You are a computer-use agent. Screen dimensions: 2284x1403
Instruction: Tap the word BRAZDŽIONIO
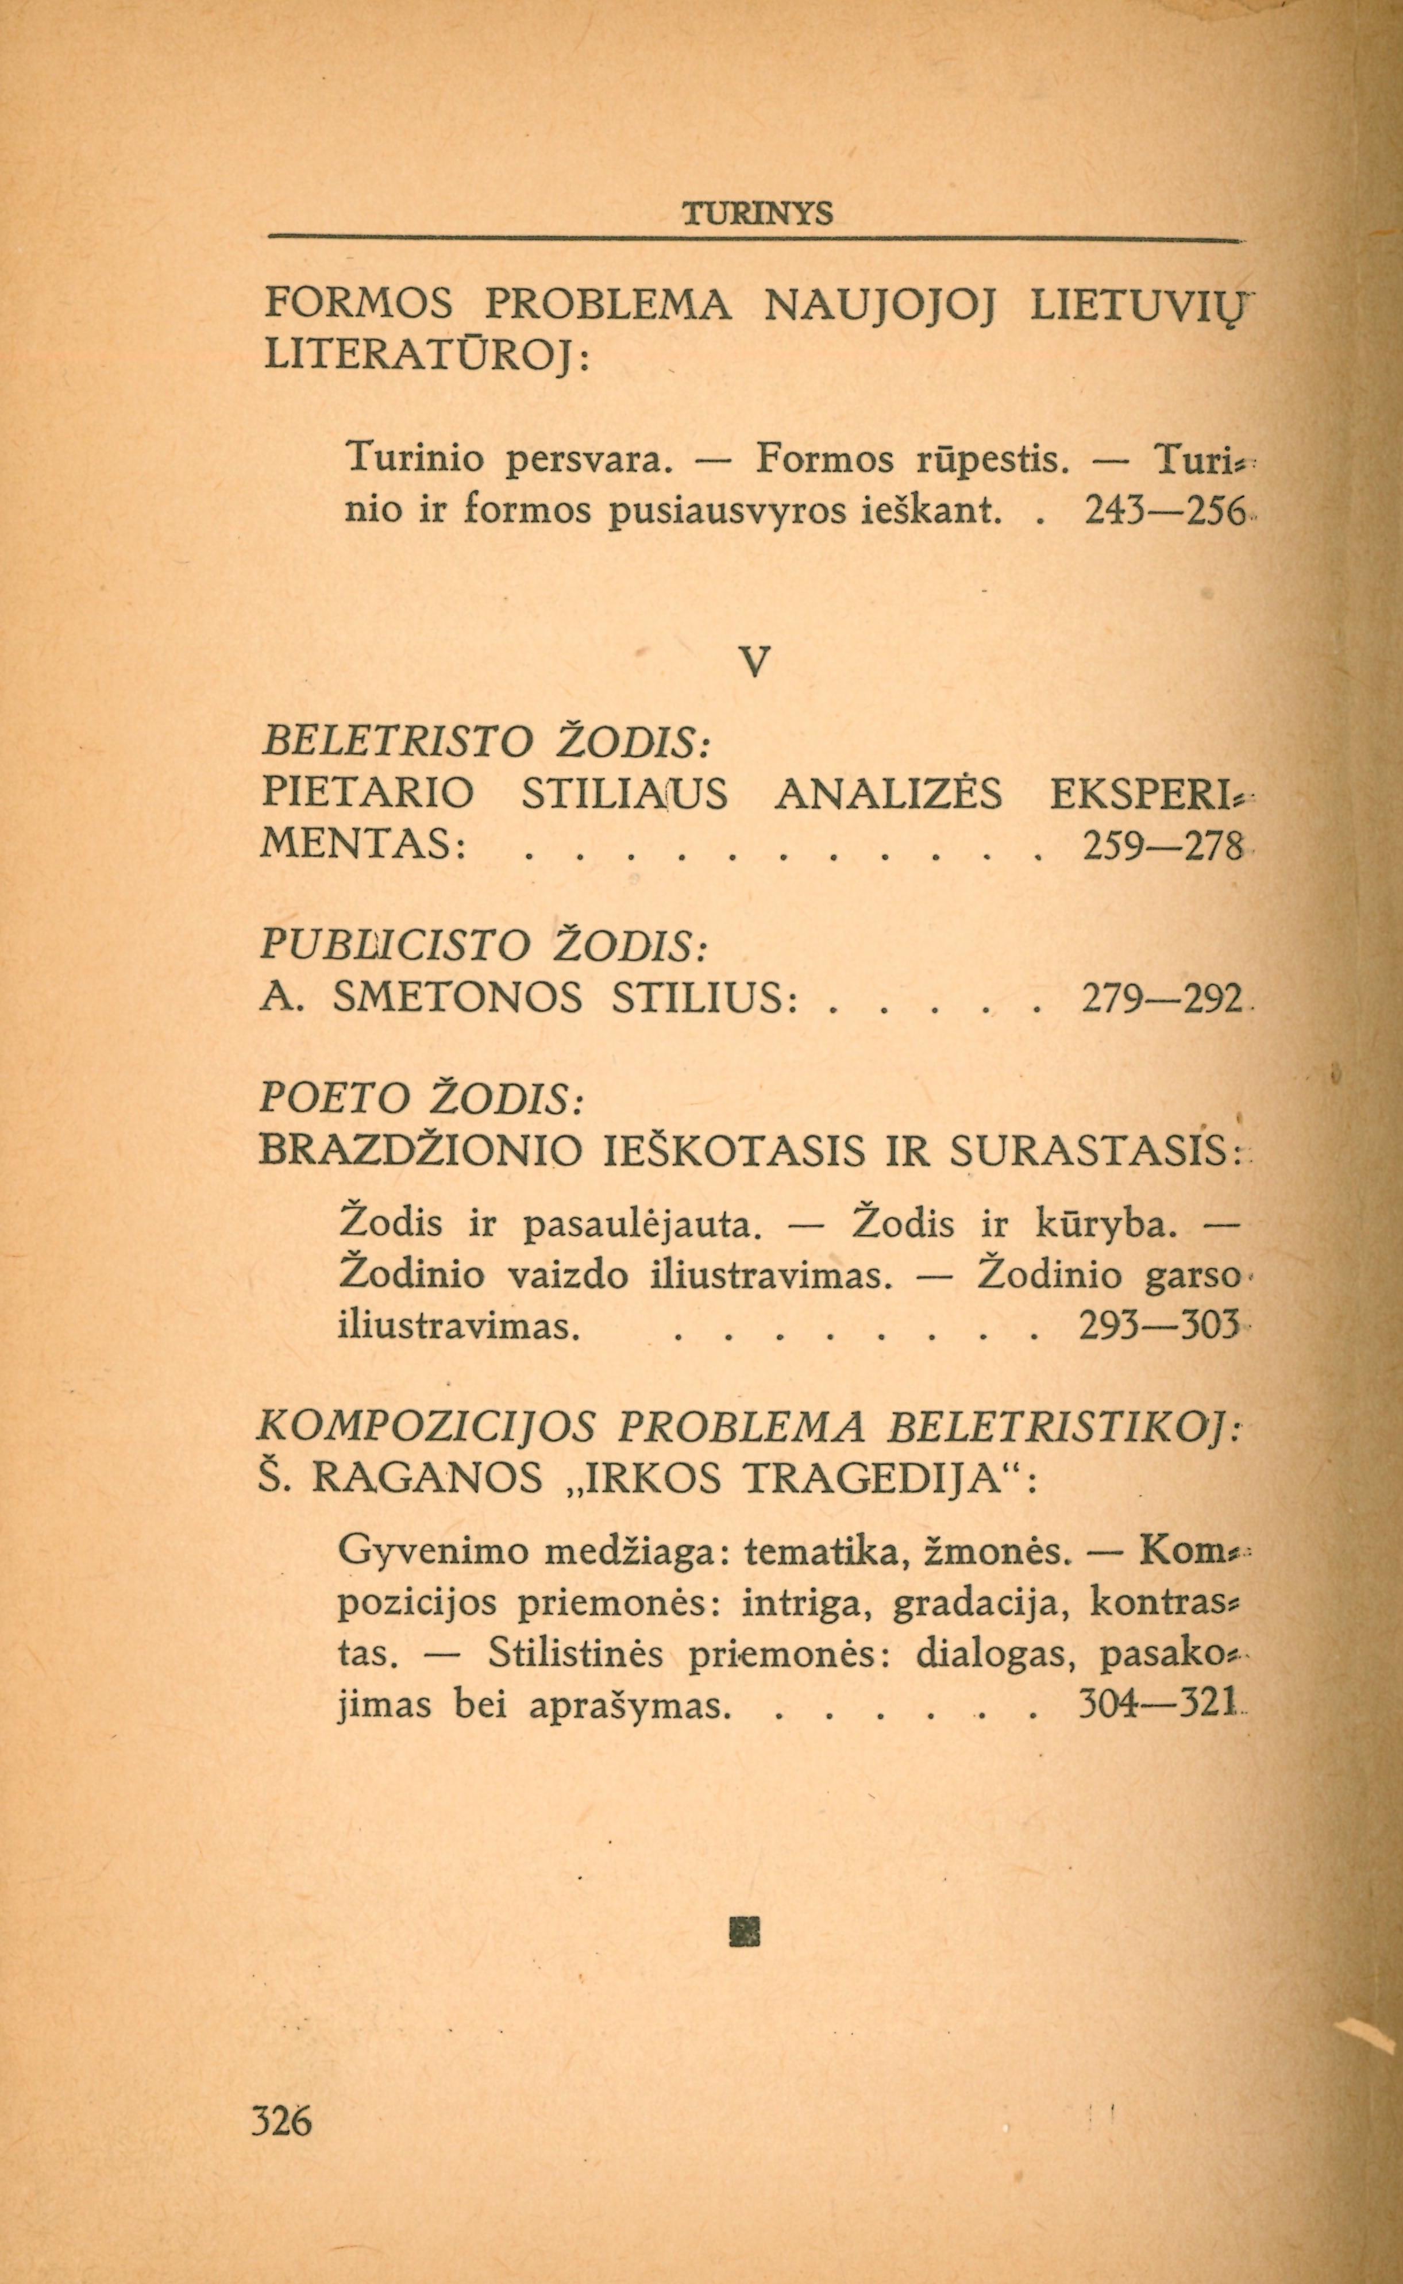[x=421, y=1151]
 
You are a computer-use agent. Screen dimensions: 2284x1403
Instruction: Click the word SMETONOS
[x=457, y=999]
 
